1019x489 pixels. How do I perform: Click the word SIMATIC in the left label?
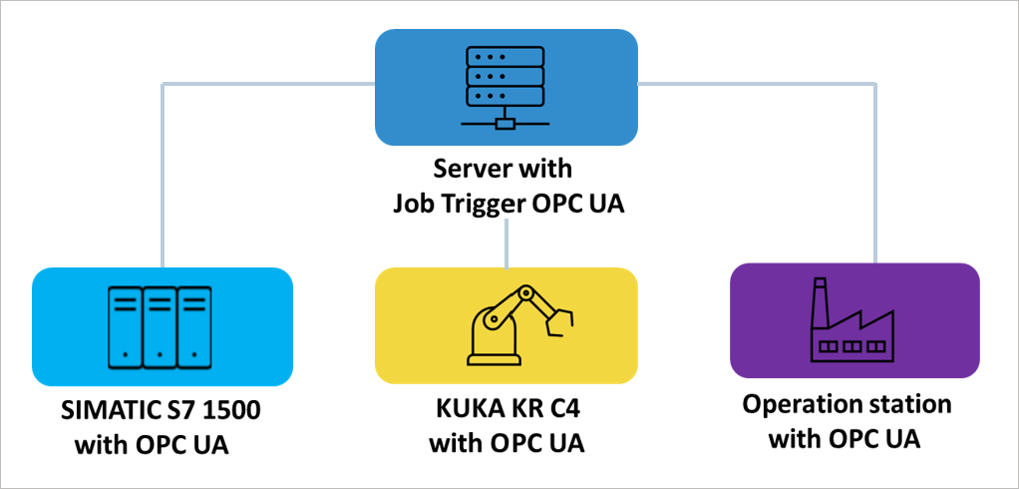(103, 412)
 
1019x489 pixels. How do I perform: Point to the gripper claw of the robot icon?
(560, 320)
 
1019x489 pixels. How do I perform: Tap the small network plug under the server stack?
(507, 124)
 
